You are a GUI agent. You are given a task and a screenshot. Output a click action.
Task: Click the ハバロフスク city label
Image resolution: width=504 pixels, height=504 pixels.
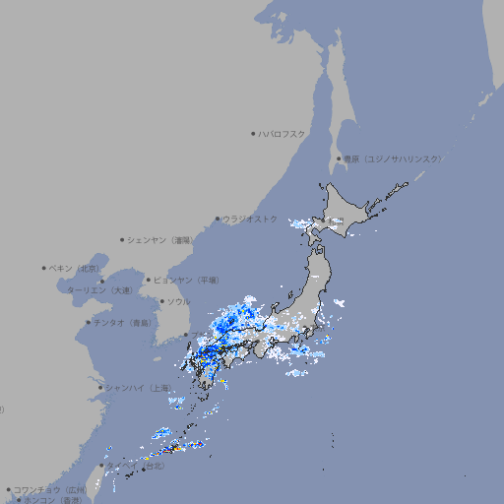(282, 133)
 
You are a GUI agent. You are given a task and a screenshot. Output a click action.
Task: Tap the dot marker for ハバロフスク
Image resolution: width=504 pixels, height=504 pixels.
(253, 133)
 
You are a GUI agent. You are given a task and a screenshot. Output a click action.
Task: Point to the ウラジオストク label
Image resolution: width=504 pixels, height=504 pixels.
(250, 219)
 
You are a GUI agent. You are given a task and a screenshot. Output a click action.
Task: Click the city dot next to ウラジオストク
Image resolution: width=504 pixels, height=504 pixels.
(218, 219)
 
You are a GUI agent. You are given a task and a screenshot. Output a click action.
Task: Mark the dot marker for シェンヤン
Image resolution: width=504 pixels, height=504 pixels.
(123, 239)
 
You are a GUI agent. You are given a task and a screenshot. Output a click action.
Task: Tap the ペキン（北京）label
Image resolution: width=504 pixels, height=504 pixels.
(76, 268)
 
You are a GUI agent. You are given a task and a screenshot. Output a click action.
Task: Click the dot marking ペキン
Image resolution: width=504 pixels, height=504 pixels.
(44, 268)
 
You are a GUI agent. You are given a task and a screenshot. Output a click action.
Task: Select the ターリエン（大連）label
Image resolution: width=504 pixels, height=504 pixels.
(98, 290)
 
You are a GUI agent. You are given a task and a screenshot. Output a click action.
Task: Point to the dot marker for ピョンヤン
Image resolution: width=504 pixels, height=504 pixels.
(149, 280)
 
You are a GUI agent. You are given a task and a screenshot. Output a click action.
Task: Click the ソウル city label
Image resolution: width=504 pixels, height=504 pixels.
(178, 301)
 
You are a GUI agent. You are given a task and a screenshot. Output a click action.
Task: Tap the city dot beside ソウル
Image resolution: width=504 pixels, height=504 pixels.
(161, 301)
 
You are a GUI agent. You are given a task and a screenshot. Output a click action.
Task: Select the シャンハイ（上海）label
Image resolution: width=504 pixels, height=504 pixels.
(137, 388)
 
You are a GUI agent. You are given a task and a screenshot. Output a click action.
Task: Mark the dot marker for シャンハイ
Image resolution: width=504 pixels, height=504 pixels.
(100, 388)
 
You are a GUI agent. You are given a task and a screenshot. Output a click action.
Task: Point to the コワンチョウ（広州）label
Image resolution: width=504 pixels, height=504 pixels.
(50, 489)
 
